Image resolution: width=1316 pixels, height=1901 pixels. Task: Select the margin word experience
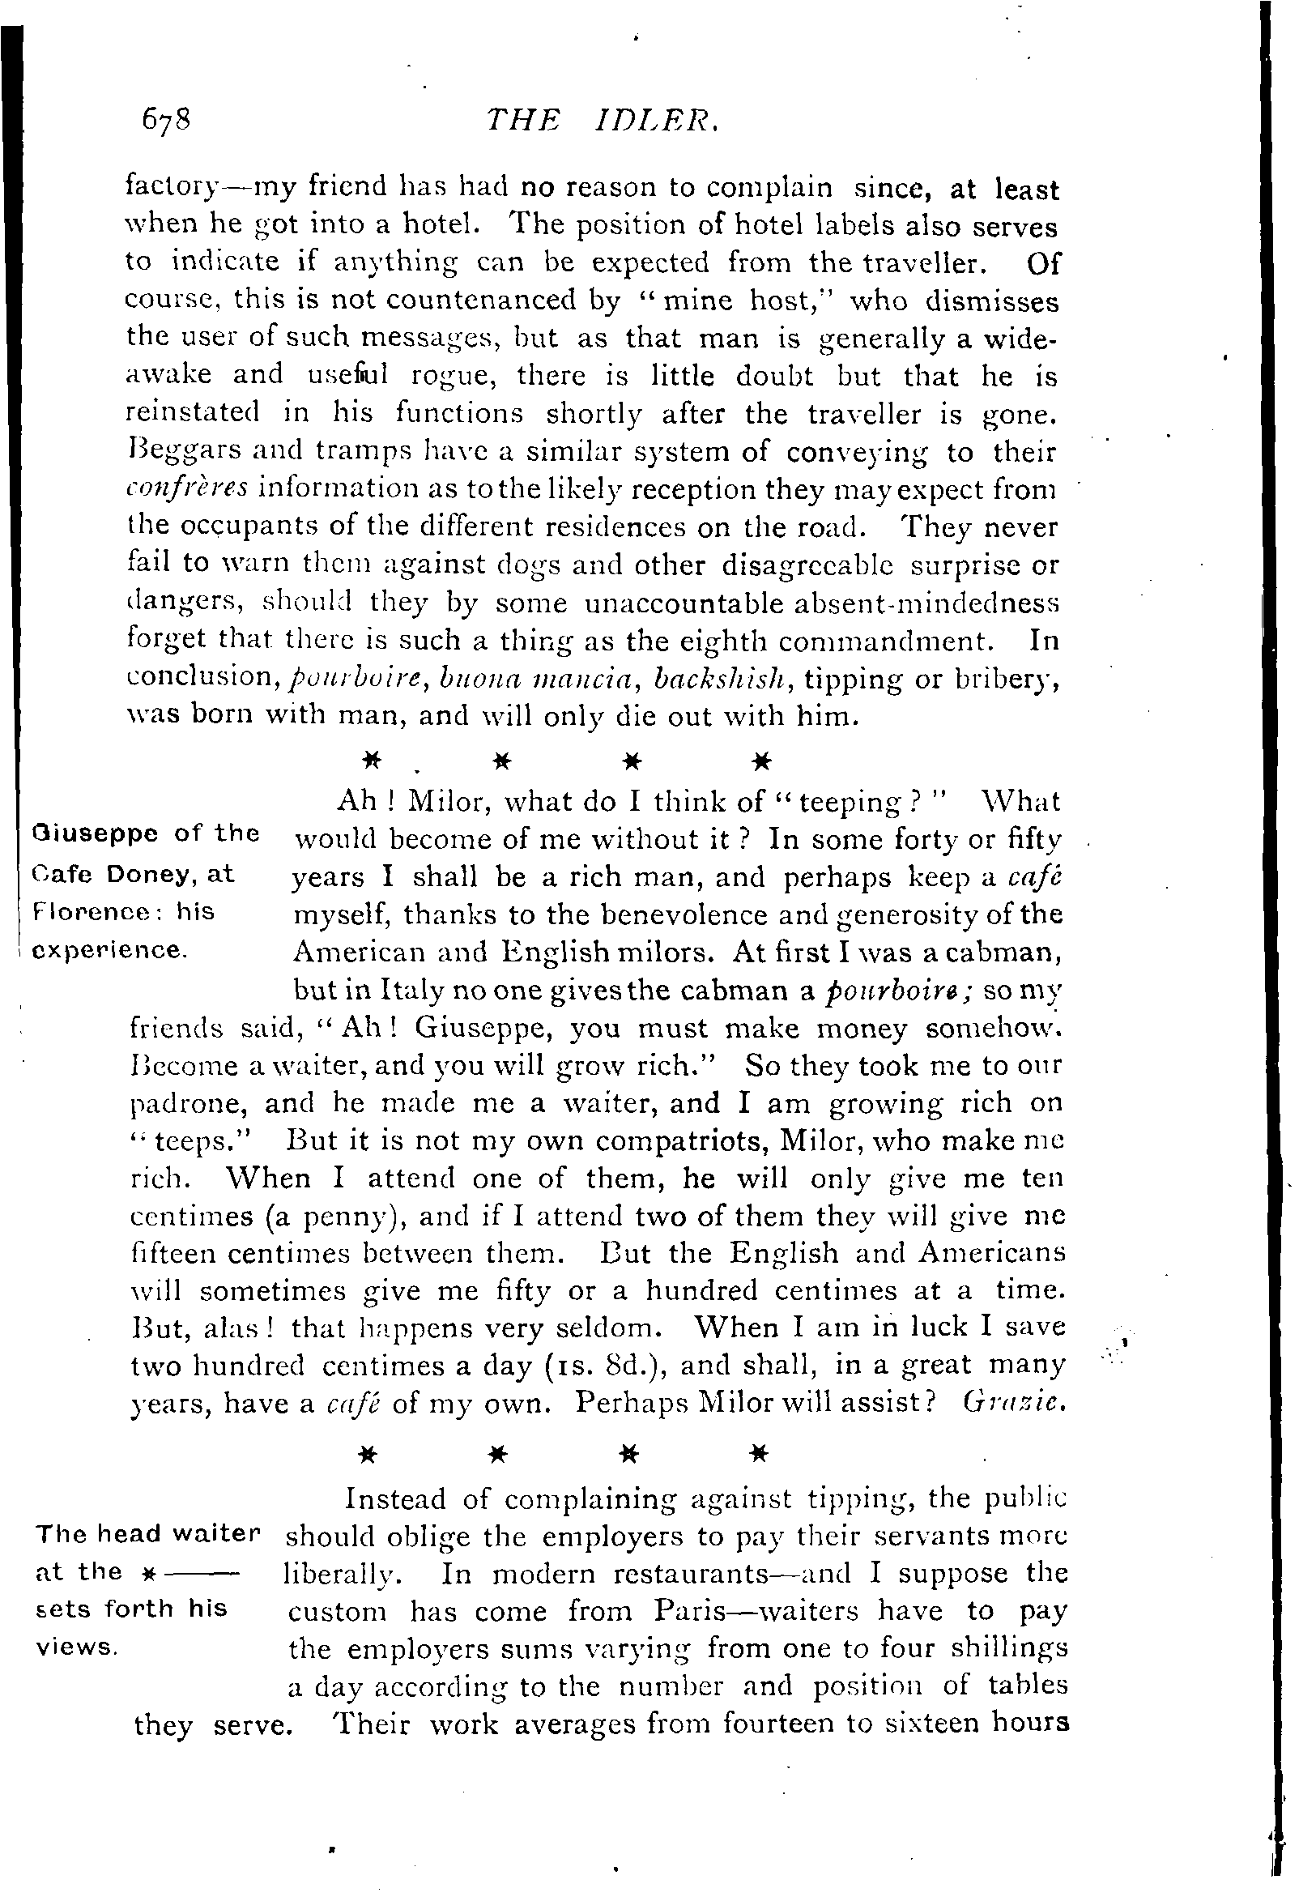[x=107, y=950]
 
